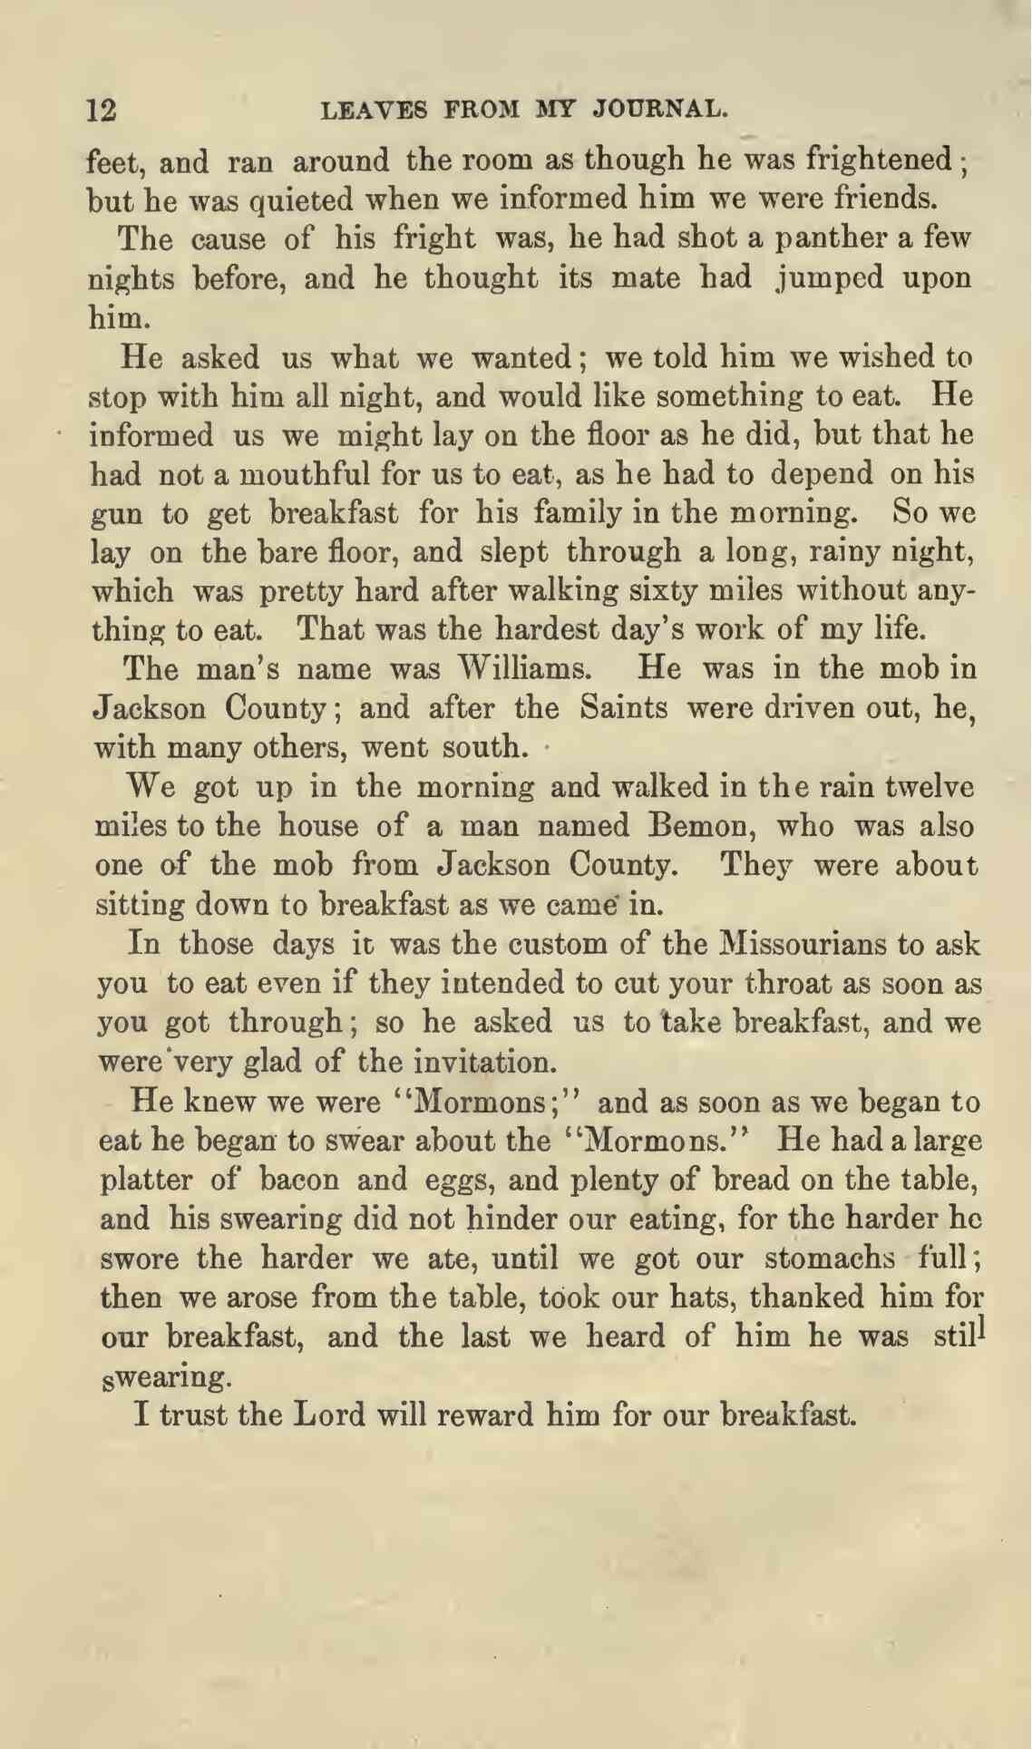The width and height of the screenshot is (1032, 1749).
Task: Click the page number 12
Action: (x=101, y=111)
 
